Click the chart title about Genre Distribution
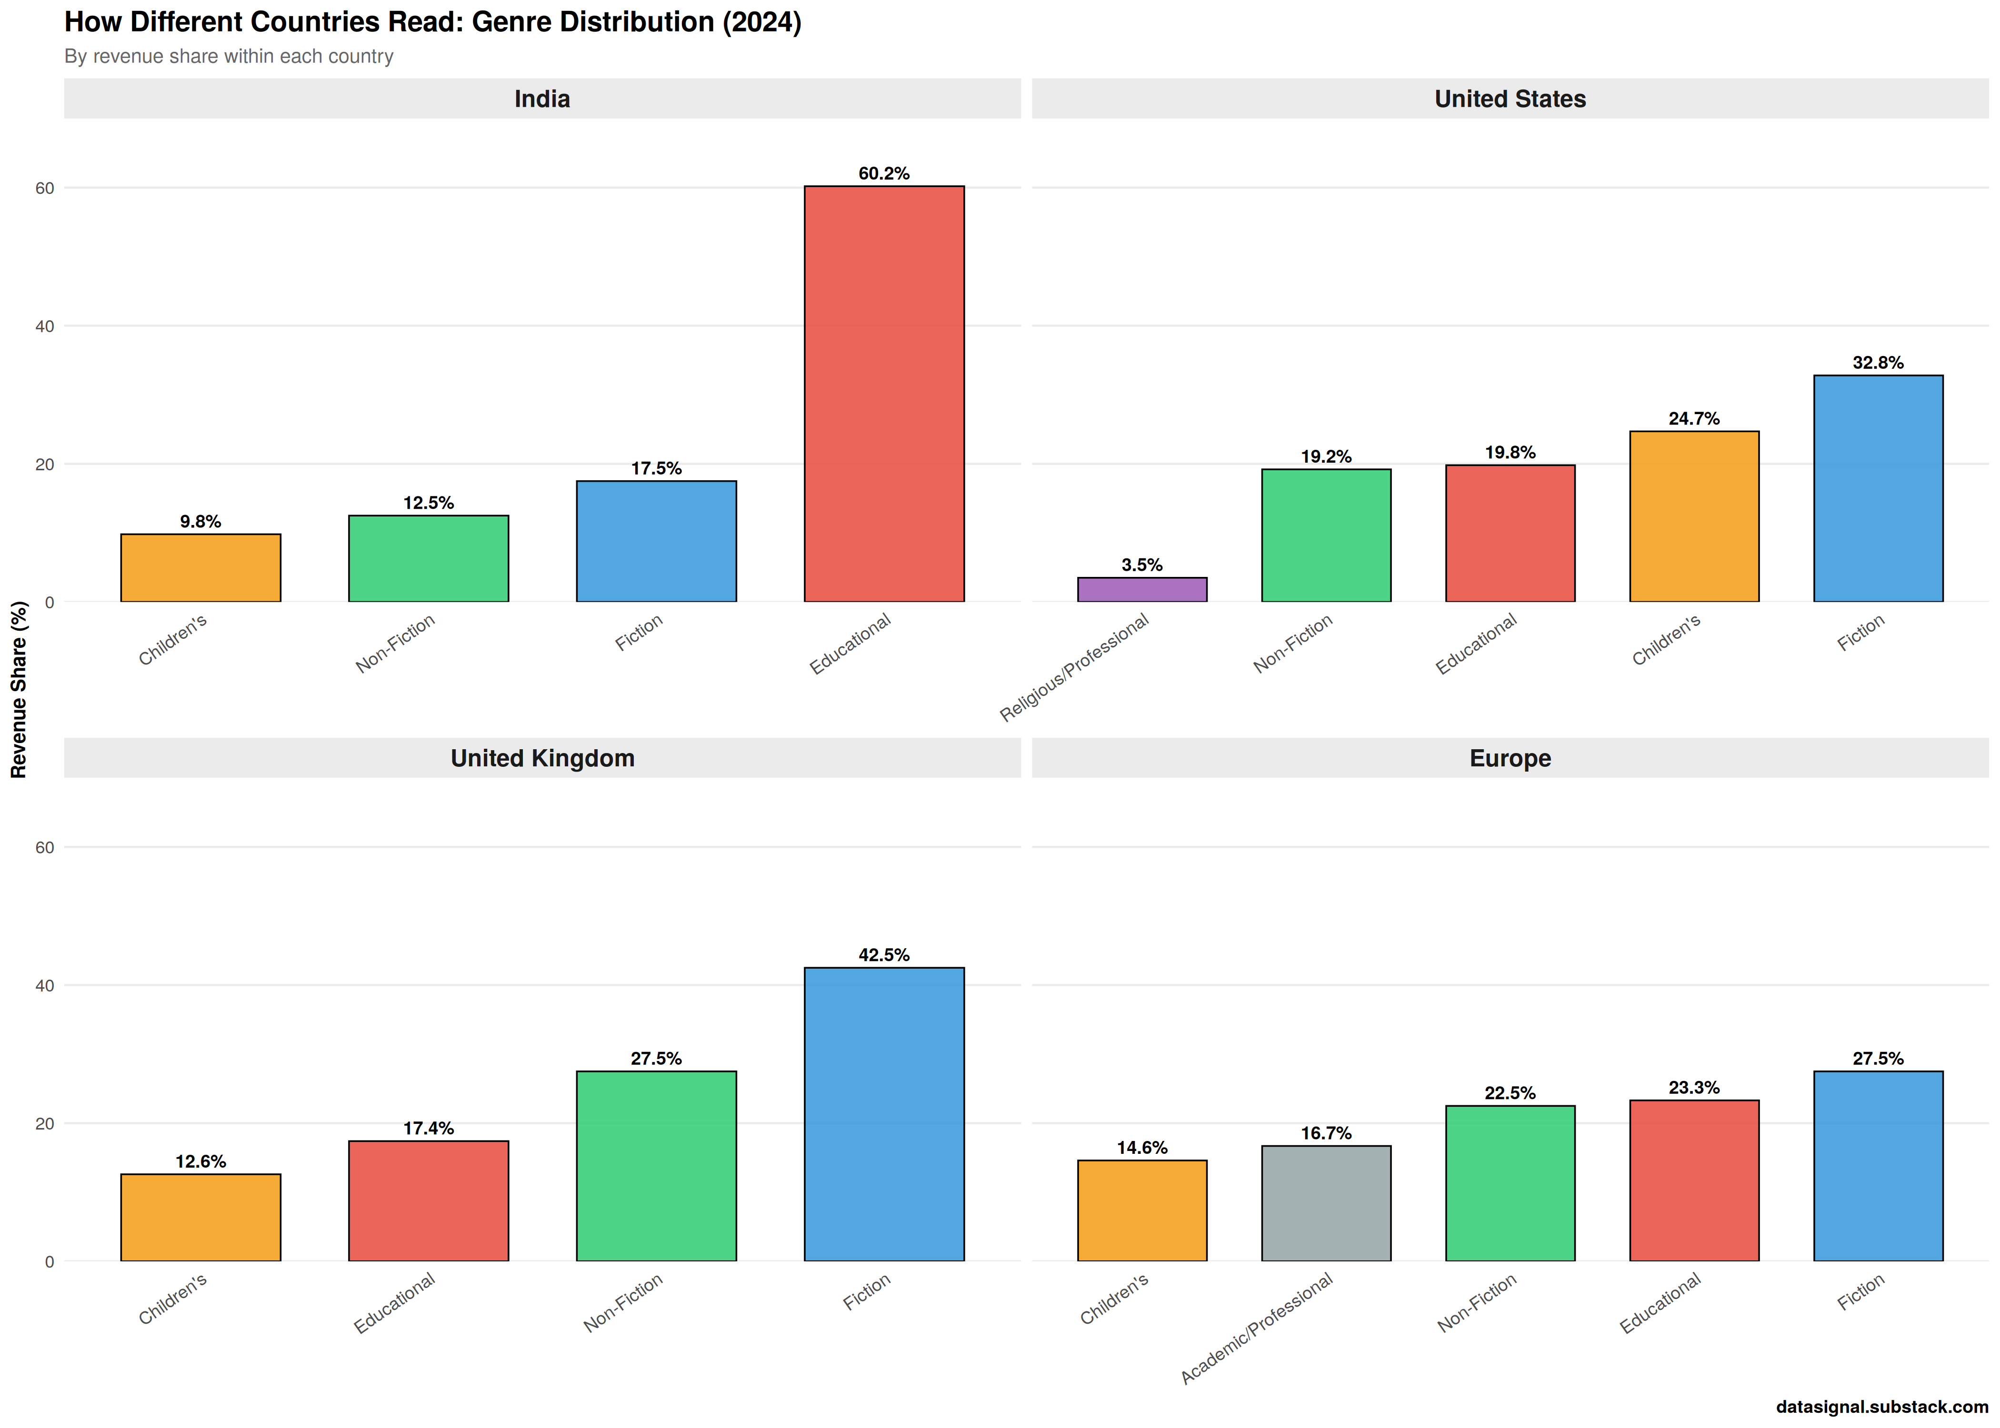(433, 22)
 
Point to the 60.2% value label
(884, 173)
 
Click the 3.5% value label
(1141, 565)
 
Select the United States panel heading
(1509, 99)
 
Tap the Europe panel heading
(1509, 758)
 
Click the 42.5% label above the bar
(884, 955)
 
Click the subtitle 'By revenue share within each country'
(229, 56)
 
